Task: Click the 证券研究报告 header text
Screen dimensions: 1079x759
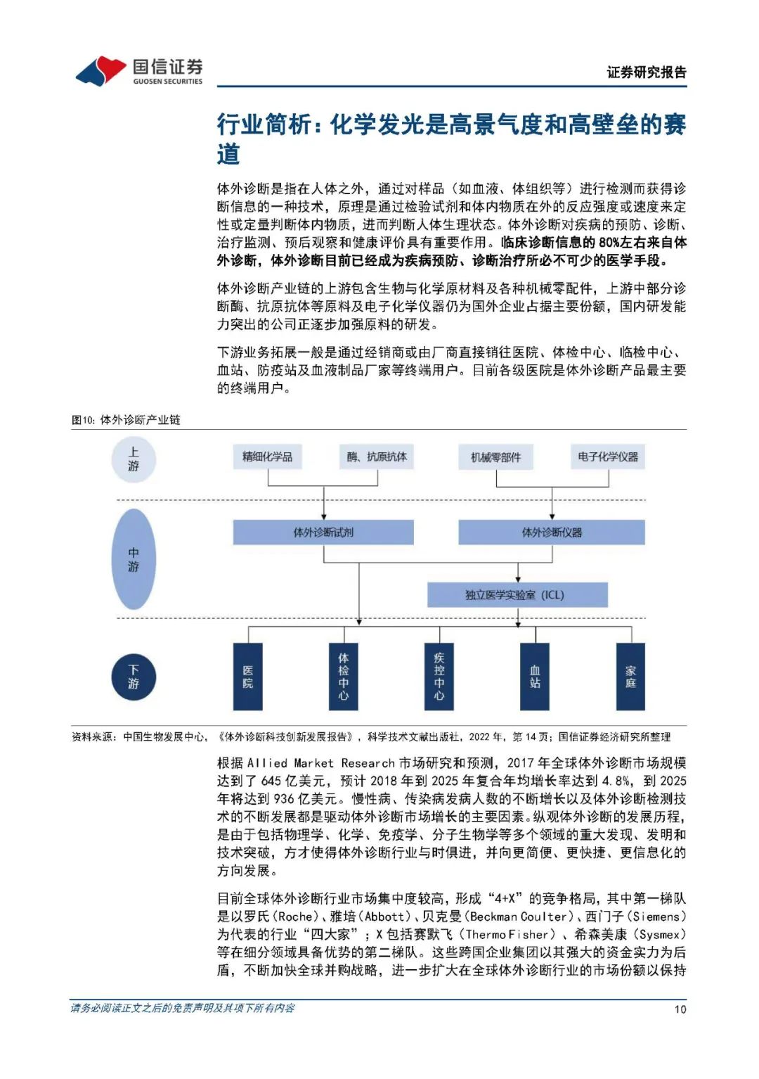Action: pyautogui.click(x=647, y=72)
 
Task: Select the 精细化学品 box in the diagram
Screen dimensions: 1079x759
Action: pyautogui.click(x=268, y=457)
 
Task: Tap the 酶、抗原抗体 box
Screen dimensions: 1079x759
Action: pyautogui.click(x=377, y=457)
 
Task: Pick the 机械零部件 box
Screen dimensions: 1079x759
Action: pyautogui.click(x=496, y=458)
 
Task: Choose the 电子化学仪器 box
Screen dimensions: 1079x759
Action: pyautogui.click(x=608, y=457)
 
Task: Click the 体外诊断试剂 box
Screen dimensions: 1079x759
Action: pyautogui.click(x=323, y=532)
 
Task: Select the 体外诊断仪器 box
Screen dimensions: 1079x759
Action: pyautogui.click(x=552, y=532)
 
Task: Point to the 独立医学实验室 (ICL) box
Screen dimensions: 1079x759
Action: pyautogui.click(x=517, y=595)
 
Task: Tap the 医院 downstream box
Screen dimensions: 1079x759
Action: pyautogui.click(x=247, y=677)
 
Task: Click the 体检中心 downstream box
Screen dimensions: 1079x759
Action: pyautogui.click(x=343, y=677)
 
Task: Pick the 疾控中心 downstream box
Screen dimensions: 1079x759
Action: pyautogui.click(x=439, y=677)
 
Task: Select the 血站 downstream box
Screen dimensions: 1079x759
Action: pyautogui.click(x=535, y=677)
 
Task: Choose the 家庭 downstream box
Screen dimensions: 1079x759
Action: pyautogui.click(x=630, y=677)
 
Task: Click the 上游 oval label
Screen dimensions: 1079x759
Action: pyautogui.click(x=134, y=459)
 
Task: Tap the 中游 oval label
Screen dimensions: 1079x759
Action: pyautogui.click(x=134, y=559)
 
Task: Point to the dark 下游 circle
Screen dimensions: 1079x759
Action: pyautogui.click(x=134, y=677)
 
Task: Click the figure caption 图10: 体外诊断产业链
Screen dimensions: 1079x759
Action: pyautogui.click(x=126, y=420)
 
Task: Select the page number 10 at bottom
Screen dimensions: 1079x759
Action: pyautogui.click(x=680, y=1009)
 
